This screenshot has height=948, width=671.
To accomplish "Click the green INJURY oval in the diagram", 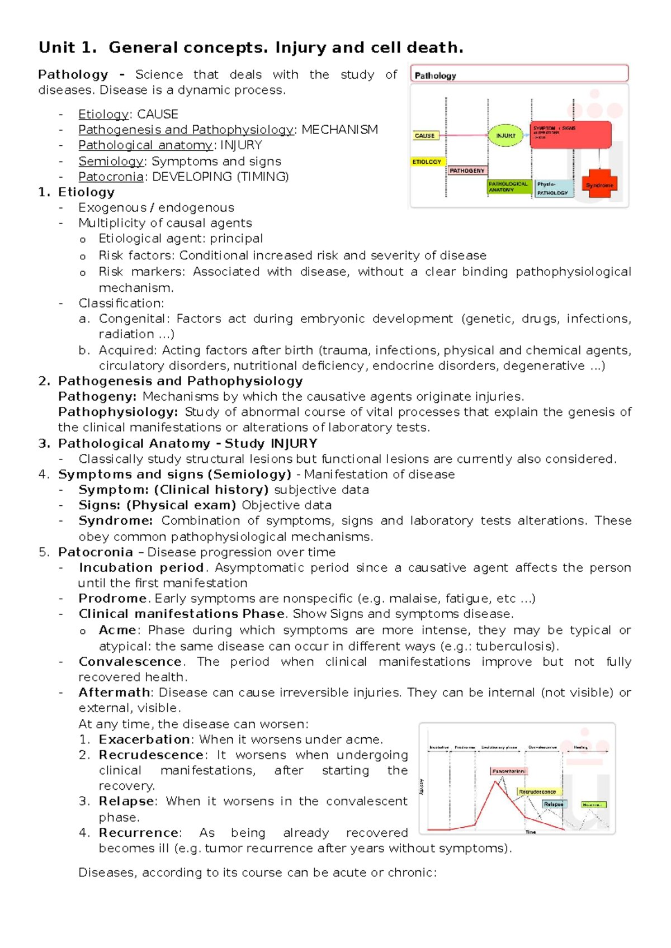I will tap(505, 135).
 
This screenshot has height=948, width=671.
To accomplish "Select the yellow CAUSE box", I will tap(425, 136).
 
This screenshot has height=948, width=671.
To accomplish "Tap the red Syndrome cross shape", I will tap(599, 184).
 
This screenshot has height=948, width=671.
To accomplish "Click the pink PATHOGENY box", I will tap(467, 170).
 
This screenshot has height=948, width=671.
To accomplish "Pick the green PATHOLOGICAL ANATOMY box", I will tap(509, 187).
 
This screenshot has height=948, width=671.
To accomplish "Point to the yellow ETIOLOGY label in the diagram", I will tap(427, 162).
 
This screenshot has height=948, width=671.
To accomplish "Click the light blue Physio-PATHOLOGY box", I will tap(554, 188).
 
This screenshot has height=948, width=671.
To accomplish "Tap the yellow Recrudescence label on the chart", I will tap(537, 791).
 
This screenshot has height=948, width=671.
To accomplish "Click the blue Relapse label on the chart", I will tap(554, 804).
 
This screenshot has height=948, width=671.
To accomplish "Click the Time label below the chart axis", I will tap(531, 832).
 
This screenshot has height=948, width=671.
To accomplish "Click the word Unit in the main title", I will tap(56, 48).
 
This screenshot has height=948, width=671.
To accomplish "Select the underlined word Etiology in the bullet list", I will tap(103, 114).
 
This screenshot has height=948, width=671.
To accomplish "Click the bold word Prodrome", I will tap(112, 598).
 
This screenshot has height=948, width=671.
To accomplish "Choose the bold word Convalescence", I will tap(130, 661).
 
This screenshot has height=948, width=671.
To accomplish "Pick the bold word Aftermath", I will tap(114, 692).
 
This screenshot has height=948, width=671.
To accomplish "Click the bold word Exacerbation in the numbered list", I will tap(144, 739).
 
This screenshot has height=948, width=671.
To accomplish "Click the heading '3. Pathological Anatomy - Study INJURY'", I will tap(187, 443).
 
